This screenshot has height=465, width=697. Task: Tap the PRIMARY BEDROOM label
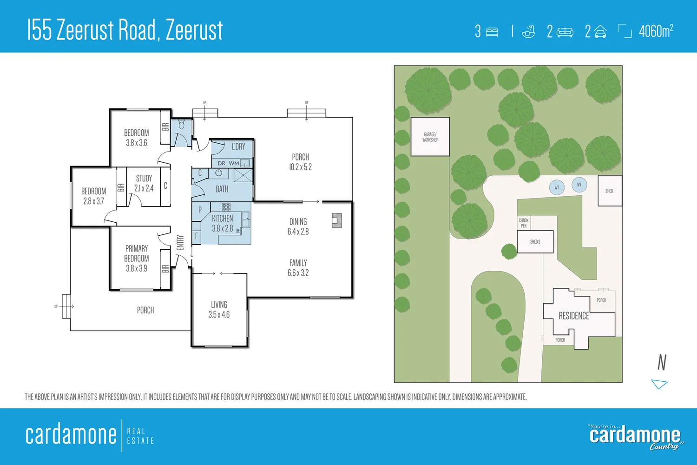click(x=137, y=258)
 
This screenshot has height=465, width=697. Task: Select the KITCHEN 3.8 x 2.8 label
click(x=223, y=223)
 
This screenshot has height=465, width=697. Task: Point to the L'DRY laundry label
click(x=238, y=146)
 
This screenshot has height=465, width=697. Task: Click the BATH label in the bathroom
click(x=222, y=189)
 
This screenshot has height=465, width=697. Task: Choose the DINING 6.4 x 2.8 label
click(x=298, y=226)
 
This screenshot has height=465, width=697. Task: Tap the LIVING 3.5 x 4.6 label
click(x=219, y=309)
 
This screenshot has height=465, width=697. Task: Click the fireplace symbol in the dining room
click(x=336, y=220)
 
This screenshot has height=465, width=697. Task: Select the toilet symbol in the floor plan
click(x=182, y=125)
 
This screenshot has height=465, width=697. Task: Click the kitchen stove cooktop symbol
click(x=226, y=207)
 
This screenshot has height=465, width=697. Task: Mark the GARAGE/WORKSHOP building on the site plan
click(x=430, y=137)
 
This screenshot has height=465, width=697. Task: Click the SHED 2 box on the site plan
click(x=535, y=242)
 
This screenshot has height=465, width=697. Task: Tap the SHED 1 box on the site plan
click(x=610, y=191)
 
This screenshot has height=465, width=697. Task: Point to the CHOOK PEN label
click(x=524, y=223)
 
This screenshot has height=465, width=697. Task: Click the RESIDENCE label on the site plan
click(x=573, y=316)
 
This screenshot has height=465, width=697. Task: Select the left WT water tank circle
click(x=557, y=187)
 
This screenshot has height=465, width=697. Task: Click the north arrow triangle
click(x=659, y=384)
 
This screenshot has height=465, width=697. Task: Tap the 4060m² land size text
click(x=656, y=31)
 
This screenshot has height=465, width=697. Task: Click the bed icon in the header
click(x=492, y=32)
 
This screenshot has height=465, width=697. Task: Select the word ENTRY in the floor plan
click(x=180, y=242)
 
